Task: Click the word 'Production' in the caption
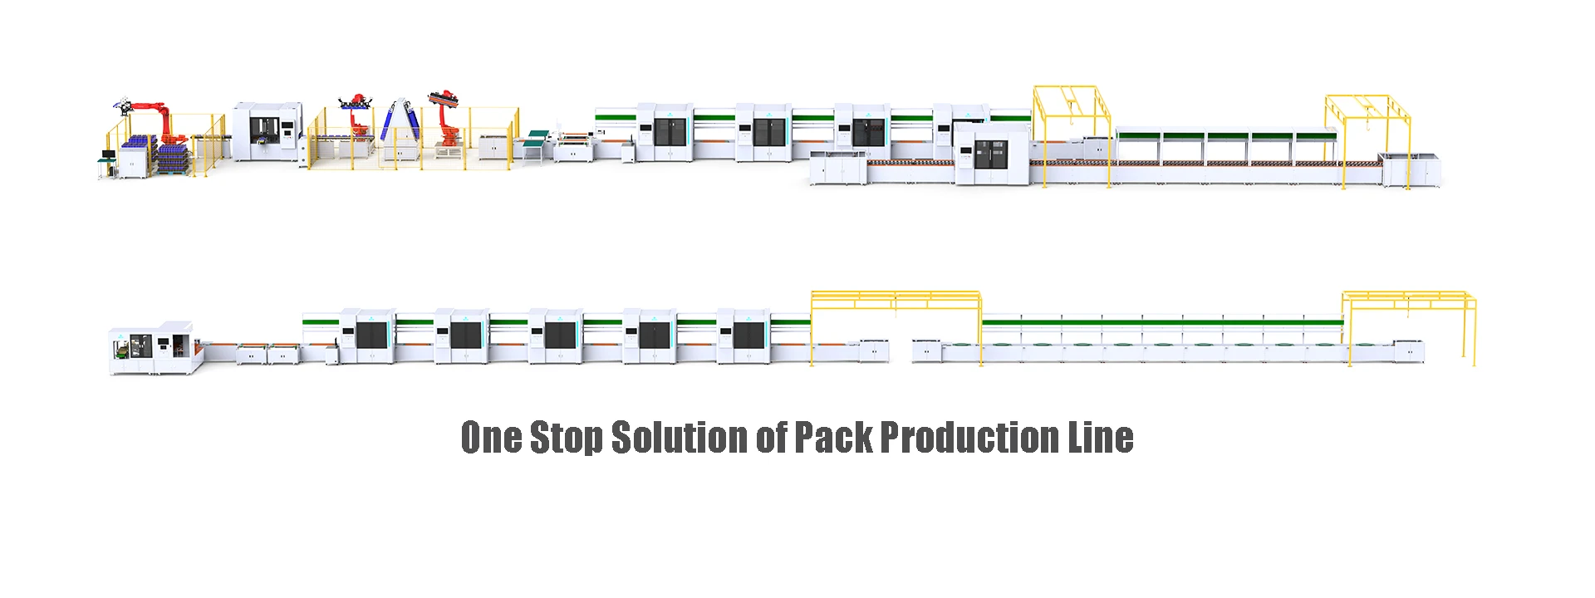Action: click(x=969, y=438)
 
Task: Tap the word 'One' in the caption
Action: click(x=491, y=438)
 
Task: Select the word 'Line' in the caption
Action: click(x=1101, y=438)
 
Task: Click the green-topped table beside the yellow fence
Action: click(x=537, y=137)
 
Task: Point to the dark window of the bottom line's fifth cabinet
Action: click(x=748, y=336)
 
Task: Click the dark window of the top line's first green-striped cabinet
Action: click(x=670, y=133)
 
